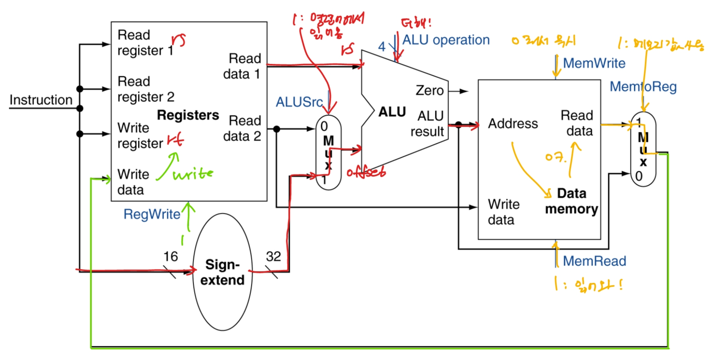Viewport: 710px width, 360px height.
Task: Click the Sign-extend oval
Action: [223, 272]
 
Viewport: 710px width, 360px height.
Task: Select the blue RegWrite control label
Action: [152, 214]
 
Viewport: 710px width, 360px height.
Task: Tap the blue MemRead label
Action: [594, 261]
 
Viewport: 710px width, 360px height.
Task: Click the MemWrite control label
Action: [594, 63]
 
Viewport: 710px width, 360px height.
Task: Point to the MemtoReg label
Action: [643, 86]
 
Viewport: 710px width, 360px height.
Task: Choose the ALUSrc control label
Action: [299, 102]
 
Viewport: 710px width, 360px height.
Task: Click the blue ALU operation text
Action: [446, 40]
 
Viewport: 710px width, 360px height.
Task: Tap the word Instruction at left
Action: [41, 100]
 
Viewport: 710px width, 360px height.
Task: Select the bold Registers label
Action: [188, 115]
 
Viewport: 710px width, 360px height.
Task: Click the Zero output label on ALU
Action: [429, 91]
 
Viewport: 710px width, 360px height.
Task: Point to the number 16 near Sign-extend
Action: [170, 256]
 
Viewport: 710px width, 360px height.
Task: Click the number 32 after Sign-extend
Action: [273, 256]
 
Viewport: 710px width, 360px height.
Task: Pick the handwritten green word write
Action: [193, 174]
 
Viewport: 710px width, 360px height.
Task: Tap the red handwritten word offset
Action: [366, 172]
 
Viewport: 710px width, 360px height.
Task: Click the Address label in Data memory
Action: [513, 123]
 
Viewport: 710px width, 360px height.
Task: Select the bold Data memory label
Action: [571, 201]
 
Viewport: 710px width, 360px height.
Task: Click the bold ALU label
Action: [392, 112]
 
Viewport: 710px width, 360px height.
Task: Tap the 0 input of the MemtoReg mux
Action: [639, 176]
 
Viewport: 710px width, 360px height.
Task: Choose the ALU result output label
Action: [427, 123]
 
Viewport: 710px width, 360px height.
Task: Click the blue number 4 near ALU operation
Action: [382, 47]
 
